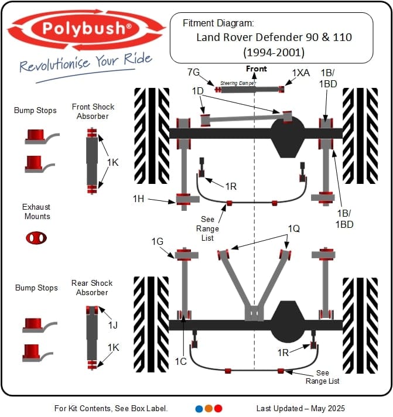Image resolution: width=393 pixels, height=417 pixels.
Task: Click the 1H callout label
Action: pyautogui.click(x=138, y=199)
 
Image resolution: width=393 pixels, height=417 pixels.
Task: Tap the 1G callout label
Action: pyautogui.click(x=157, y=241)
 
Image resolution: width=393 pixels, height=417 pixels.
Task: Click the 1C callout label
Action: pyautogui.click(x=180, y=361)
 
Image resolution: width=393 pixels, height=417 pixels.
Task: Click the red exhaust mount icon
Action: pyautogui.click(x=36, y=237)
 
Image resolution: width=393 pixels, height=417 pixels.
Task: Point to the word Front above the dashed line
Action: pyautogui.click(x=256, y=69)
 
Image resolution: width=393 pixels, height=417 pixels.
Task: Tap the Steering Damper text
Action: pyautogui.click(x=237, y=83)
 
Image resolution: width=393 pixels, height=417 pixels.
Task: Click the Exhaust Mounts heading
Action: pyautogui.click(x=36, y=211)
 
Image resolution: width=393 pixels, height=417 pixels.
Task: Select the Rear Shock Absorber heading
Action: pyautogui.click(x=92, y=288)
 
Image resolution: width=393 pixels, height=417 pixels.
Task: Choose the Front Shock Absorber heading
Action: pyautogui.click(x=93, y=111)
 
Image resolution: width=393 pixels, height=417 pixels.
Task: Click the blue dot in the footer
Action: pyautogui.click(x=199, y=408)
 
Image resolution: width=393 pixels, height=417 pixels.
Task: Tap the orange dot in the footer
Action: pyautogui.click(x=209, y=408)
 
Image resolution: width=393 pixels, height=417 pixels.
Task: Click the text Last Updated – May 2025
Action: pyautogui.click(x=300, y=408)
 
